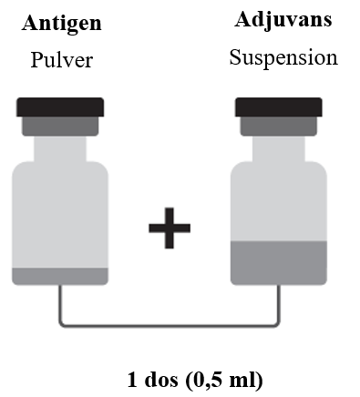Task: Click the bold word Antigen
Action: tap(61, 24)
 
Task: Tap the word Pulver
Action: tap(62, 60)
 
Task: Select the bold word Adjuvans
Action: tap(283, 20)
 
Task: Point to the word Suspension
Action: tap(283, 57)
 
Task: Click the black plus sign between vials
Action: tap(170, 228)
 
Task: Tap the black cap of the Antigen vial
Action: tap(60, 107)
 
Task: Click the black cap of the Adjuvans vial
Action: tap(279, 107)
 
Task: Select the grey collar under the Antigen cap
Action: tap(60, 127)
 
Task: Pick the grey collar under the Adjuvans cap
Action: tap(279, 127)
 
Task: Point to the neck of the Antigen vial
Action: tap(60, 148)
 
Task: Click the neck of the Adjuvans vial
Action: tap(279, 148)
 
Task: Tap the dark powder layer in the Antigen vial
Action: tap(60, 277)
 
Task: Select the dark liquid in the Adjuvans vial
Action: tap(279, 263)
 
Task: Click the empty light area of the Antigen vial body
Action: tap(60, 215)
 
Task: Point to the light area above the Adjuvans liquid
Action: tap(279, 201)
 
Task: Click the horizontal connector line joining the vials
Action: tap(170, 326)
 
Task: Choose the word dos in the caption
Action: tap(161, 380)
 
